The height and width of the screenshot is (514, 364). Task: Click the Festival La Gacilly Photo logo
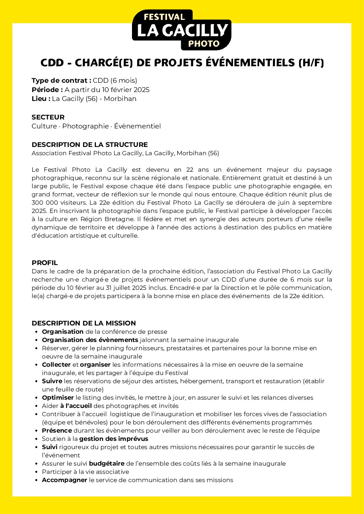tap(181, 30)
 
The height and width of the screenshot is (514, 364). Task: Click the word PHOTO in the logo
tap(204, 44)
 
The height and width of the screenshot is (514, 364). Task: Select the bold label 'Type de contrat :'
tap(61, 81)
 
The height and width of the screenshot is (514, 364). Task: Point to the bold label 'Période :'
tap(47, 90)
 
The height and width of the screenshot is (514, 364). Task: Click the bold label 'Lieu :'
tap(41, 99)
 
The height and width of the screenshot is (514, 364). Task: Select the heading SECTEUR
tap(48, 117)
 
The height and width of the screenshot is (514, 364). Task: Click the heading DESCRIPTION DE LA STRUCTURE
tap(89, 145)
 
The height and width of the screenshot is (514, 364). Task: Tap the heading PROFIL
tap(45, 263)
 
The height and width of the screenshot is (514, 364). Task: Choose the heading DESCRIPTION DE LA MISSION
tap(84, 323)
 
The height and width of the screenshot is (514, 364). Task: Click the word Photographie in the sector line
tap(85, 126)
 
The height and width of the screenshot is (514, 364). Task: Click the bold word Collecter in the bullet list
tap(56, 365)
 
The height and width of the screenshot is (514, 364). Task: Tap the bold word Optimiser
tap(58, 398)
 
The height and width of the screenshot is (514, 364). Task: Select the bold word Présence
tap(57, 431)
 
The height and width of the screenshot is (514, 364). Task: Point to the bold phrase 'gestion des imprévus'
tap(113, 439)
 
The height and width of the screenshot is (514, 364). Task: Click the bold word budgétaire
tap(107, 464)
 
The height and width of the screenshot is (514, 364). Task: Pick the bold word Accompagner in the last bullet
tap(64, 480)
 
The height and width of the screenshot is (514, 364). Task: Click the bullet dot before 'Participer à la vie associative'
tap(36, 472)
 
